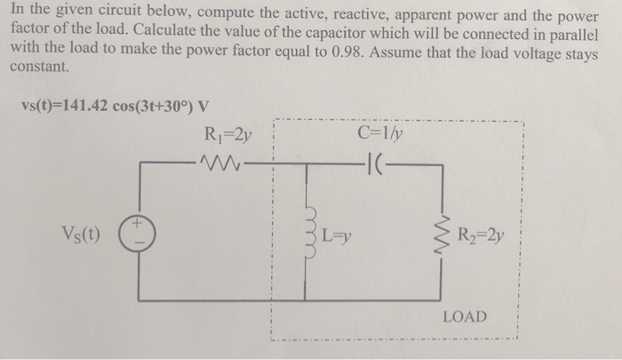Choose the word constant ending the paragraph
(x=38, y=68)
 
